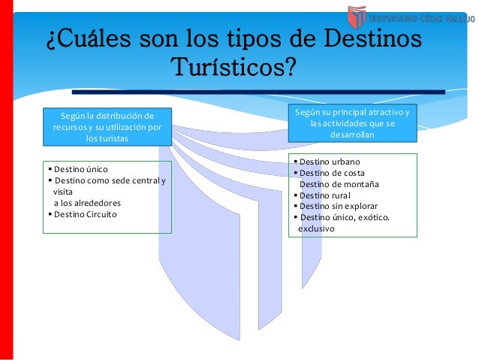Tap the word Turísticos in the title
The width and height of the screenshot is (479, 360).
click(x=232, y=68)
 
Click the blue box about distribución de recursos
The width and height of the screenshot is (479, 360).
click(x=107, y=127)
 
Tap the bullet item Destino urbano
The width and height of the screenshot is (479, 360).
click(x=330, y=162)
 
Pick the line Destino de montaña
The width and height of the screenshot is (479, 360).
click(x=339, y=183)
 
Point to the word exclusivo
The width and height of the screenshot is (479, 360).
click(x=319, y=227)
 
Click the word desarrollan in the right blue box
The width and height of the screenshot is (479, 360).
click(x=352, y=135)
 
